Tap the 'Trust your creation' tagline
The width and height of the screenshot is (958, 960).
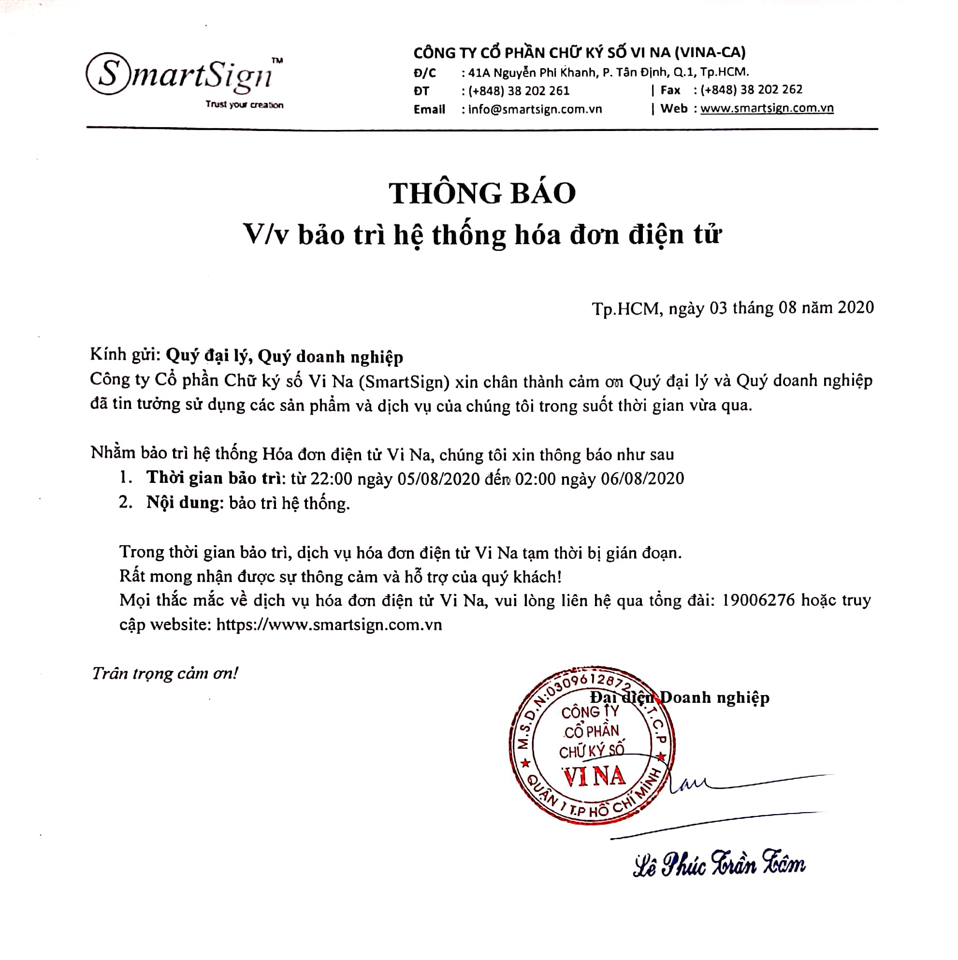[245, 105]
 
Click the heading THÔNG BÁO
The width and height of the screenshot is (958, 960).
[482, 193]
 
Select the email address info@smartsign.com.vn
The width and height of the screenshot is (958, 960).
[535, 109]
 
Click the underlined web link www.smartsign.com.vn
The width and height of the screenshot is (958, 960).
[767, 108]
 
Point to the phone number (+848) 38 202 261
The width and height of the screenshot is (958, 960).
[519, 91]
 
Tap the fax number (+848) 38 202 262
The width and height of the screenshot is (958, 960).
[751, 90]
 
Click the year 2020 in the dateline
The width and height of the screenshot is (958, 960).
[855, 307]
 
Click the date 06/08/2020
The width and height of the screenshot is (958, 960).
[642, 479]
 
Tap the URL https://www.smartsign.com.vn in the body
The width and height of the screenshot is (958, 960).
[329, 625]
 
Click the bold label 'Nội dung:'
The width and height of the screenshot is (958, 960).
[183, 503]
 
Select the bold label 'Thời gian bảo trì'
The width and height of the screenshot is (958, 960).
[214, 478]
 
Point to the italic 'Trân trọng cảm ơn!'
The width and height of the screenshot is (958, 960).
[165, 673]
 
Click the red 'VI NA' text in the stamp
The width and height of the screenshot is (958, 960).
[594, 776]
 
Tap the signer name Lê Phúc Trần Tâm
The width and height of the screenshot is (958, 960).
[718, 865]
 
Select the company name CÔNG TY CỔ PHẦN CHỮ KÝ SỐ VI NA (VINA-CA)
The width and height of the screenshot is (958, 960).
[580, 53]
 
